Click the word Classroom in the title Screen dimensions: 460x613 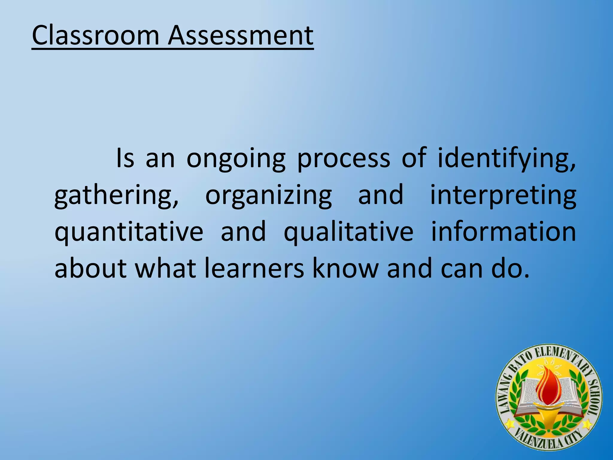(95, 36)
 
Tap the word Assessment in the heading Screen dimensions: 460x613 (241, 36)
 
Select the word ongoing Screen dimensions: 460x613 (236, 159)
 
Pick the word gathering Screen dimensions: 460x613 (116, 196)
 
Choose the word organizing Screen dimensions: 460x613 (268, 196)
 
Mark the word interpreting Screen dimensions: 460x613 (503, 196)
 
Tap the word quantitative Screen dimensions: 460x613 (129, 232)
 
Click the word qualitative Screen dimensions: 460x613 (348, 232)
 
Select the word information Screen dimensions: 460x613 (503, 232)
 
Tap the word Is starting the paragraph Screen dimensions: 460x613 (125, 158)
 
